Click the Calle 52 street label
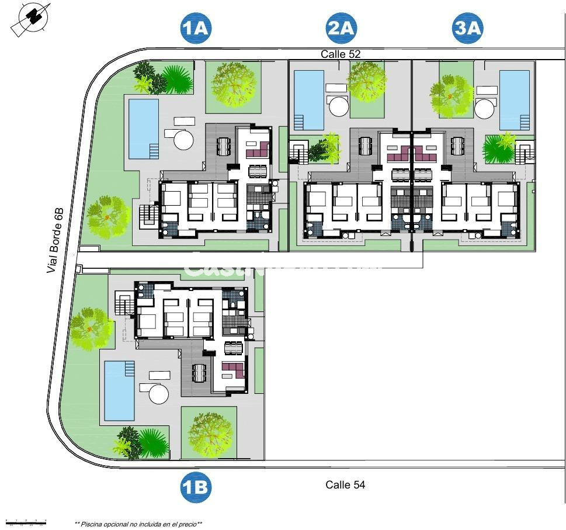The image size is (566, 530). pyautogui.click(x=341, y=54)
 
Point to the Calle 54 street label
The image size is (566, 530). pyautogui.click(x=345, y=484)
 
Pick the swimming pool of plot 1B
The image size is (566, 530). pyautogui.click(x=119, y=391)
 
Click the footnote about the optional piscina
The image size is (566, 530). pyautogui.click(x=138, y=524)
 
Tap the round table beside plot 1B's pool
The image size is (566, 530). pyautogui.click(x=158, y=393)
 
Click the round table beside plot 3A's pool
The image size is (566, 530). pyautogui.click(x=484, y=108)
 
